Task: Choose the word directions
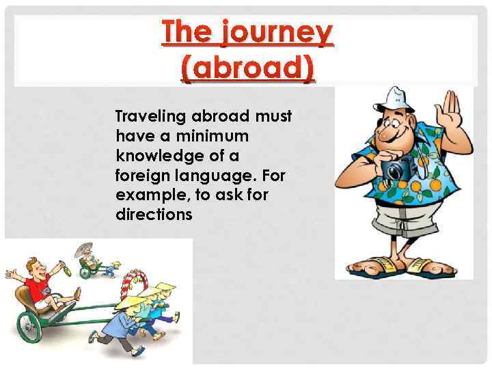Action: point(154,215)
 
